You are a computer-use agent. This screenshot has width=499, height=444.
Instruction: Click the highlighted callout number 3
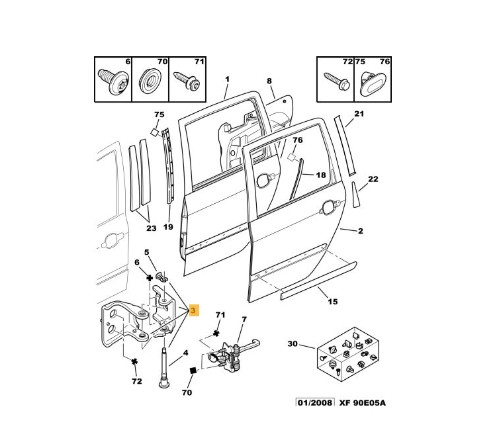pyautogui.click(x=193, y=310)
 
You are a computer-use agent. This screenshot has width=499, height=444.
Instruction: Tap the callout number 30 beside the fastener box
pyautogui.click(x=293, y=343)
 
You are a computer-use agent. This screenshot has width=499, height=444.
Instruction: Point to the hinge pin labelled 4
pyautogui.click(x=163, y=371)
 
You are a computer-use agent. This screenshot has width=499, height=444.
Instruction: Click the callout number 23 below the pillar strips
pyautogui.click(x=151, y=228)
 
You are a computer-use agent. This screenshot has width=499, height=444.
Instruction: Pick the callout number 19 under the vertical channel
pyautogui.click(x=168, y=227)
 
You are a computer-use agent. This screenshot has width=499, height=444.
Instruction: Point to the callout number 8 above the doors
pyautogui.click(x=269, y=81)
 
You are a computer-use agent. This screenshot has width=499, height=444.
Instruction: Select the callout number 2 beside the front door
pyautogui.click(x=361, y=231)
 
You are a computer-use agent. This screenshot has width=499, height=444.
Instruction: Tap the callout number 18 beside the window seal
pyautogui.click(x=320, y=175)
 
